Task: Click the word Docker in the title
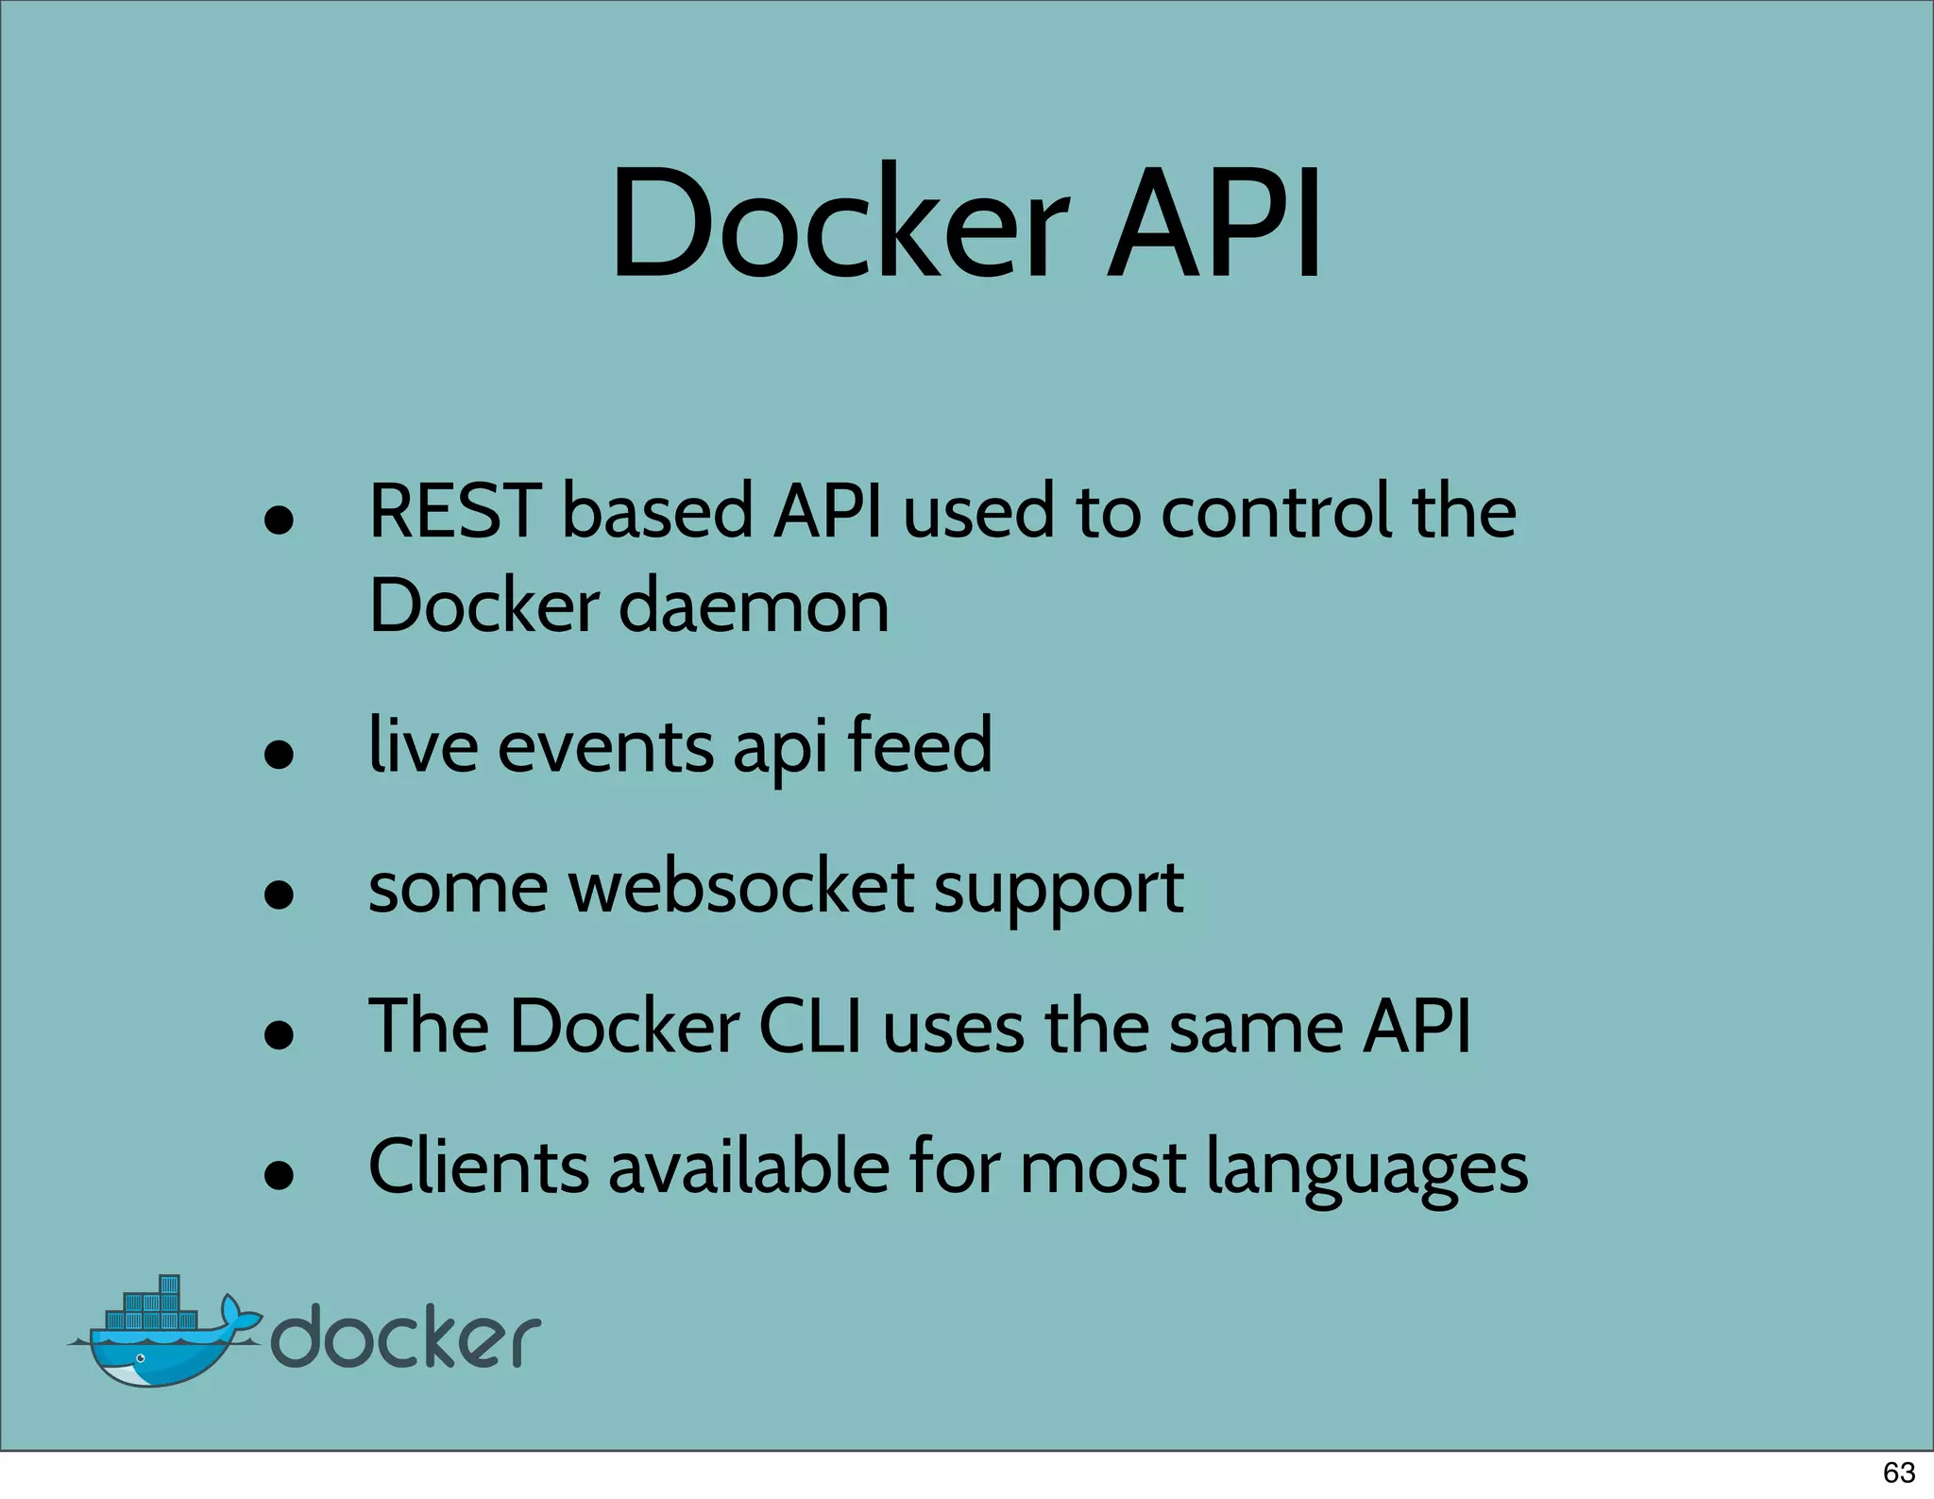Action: pyautogui.click(x=840, y=225)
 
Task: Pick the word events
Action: pyautogui.click(x=604, y=747)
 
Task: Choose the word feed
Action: pyautogui.click(x=919, y=745)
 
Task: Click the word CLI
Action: pyautogui.click(x=810, y=1027)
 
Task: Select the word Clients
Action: pyautogui.click(x=478, y=1167)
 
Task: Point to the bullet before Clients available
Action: pyautogui.click(x=279, y=1176)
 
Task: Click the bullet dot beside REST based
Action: pyautogui.click(x=279, y=520)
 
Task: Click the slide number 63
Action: pyautogui.click(x=1898, y=1473)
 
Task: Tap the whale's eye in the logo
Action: pyautogui.click(x=141, y=1358)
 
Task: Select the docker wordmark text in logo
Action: pyautogui.click(x=406, y=1337)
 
